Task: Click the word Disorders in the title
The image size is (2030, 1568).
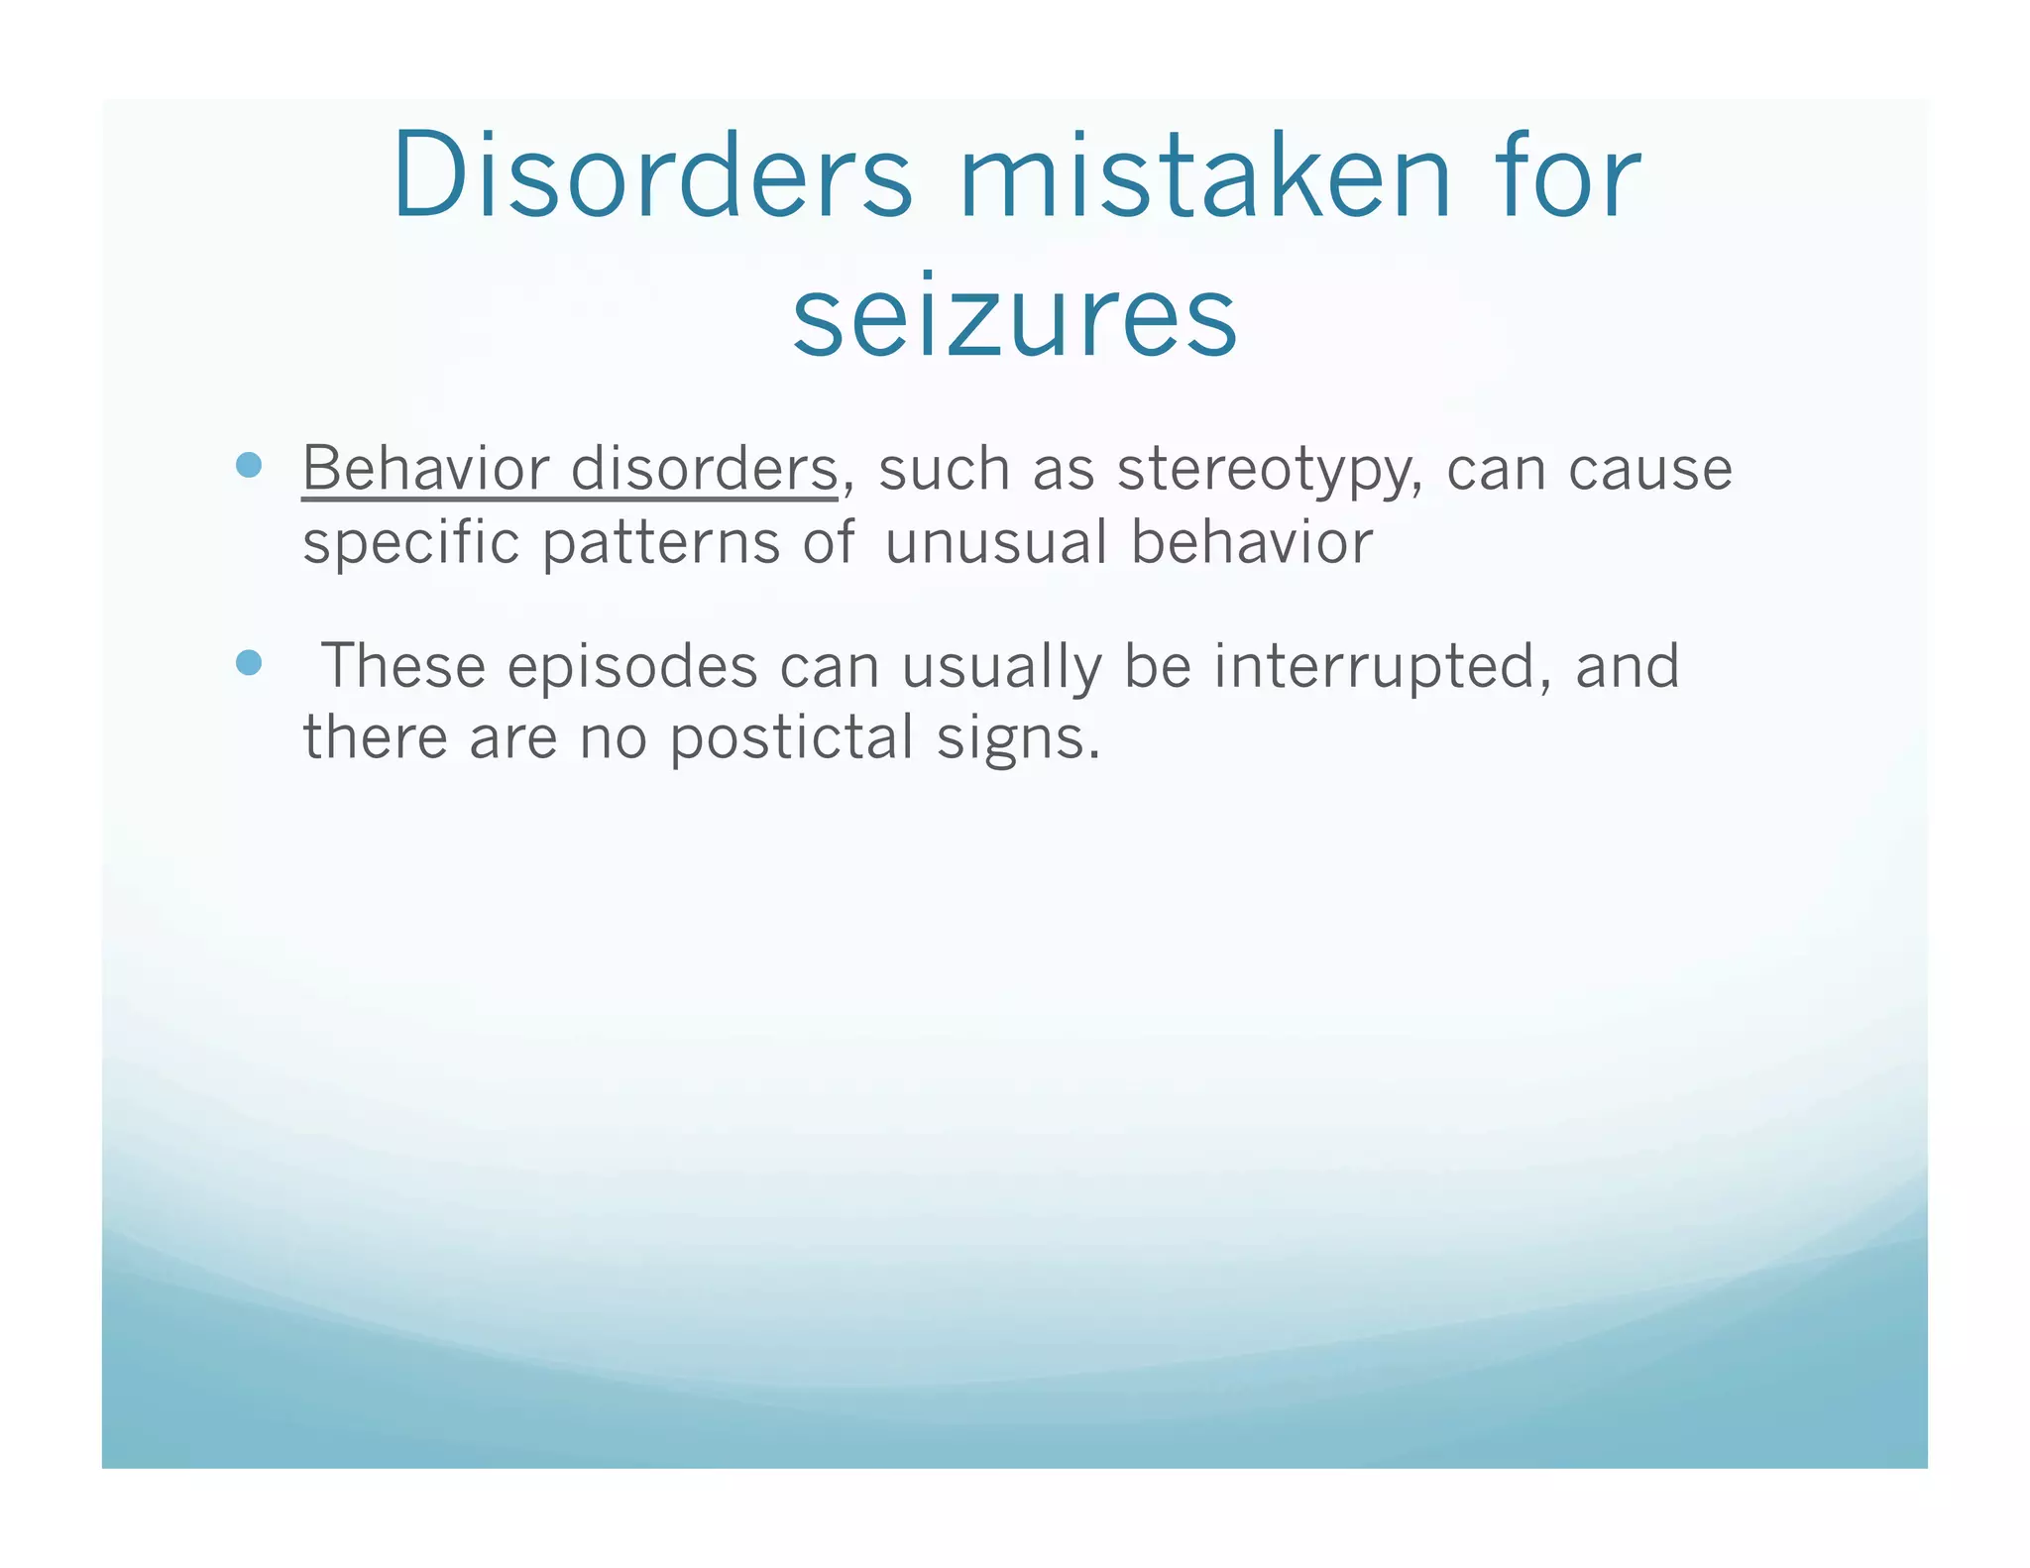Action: pyautogui.click(x=651, y=175)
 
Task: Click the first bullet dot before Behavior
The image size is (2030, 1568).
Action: pyautogui.click(x=249, y=466)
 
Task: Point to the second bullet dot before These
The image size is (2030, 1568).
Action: pyautogui.click(x=249, y=662)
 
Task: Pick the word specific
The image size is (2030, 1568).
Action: pyautogui.click(x=410, y=544)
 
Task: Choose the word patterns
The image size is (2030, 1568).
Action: pyautogui.click(x=661, y=544)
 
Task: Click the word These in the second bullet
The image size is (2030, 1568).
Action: pyautogui.click(x=403, y=665)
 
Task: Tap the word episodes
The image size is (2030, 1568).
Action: pyautogui.click(x=632, y=667)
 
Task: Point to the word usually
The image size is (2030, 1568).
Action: pyautogui.click(x=1000, y=667)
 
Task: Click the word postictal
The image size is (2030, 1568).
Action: pyautogui.click(x=791, y=739)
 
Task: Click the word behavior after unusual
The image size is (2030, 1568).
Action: pyautogui.click(x=1252, y=542)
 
